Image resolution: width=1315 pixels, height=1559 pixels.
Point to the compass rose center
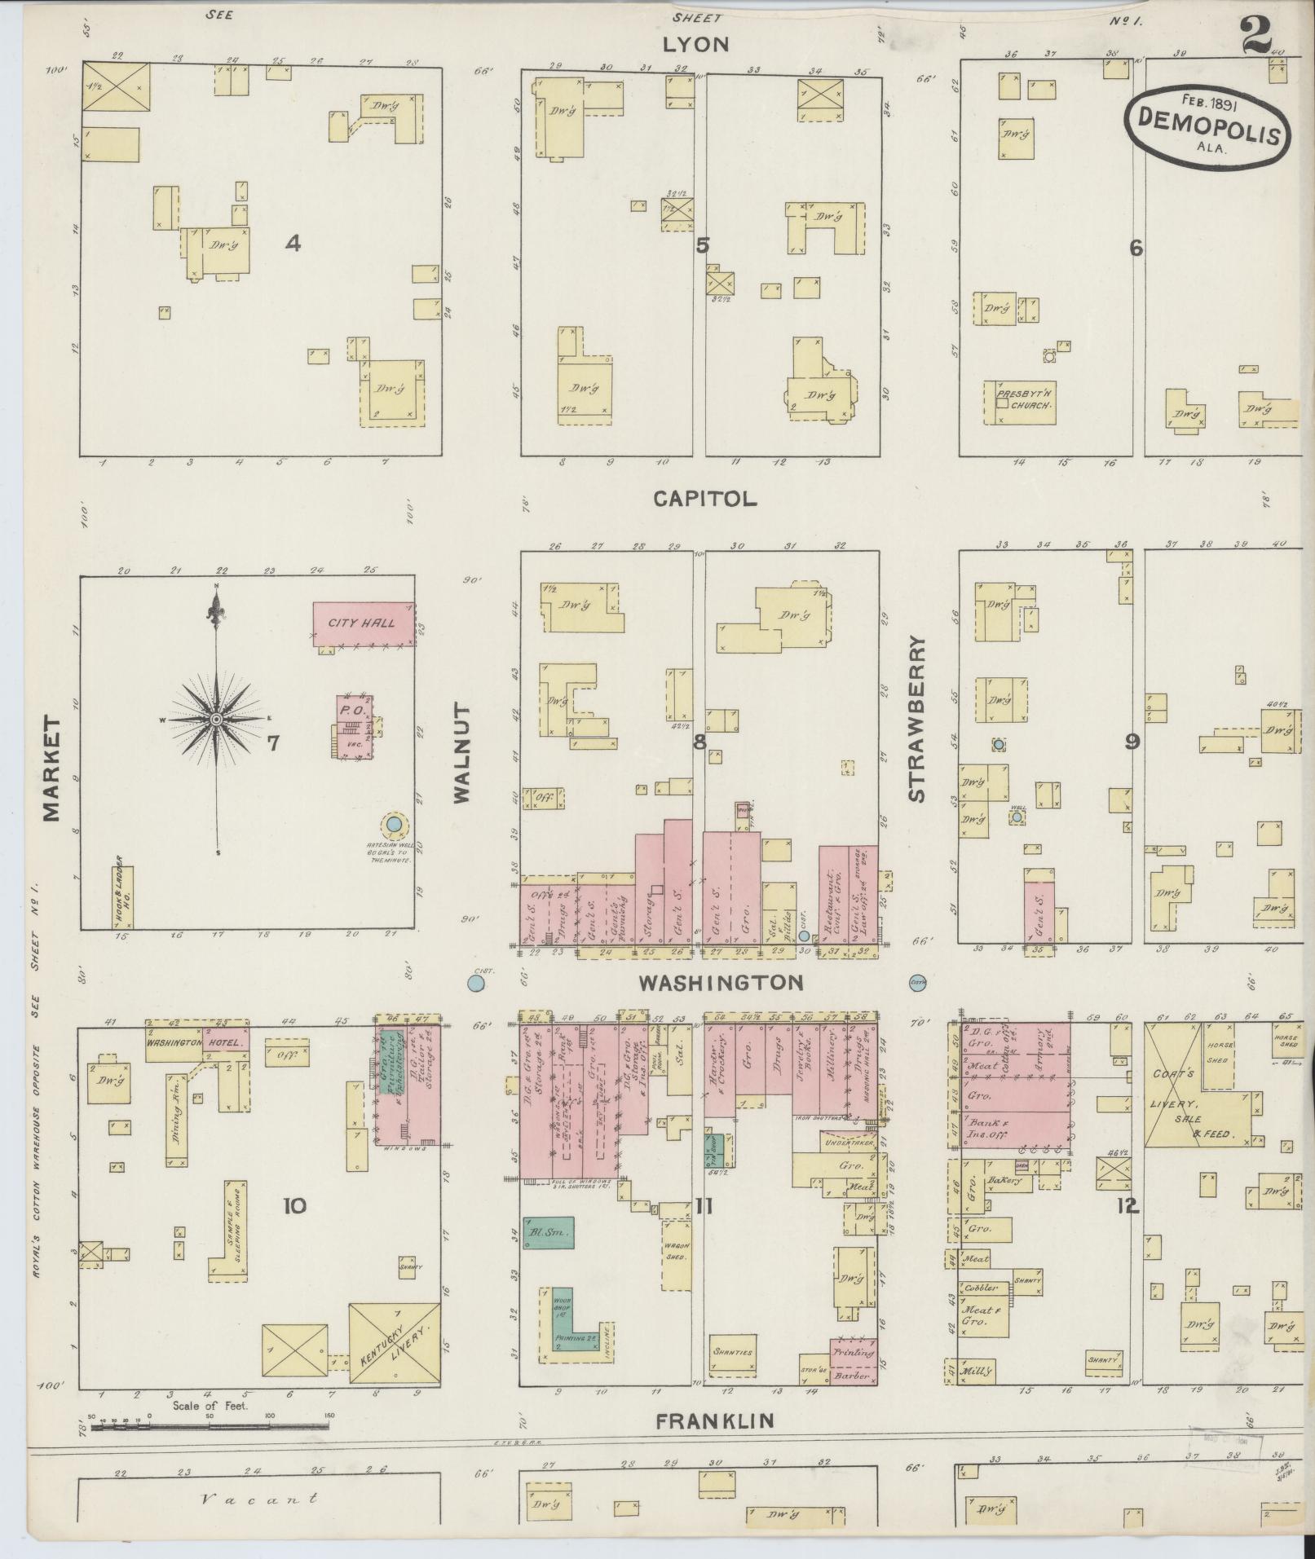point(216,720)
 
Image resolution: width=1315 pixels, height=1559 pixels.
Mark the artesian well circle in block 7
point(394,825)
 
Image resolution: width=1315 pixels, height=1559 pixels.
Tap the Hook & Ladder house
point(122,896)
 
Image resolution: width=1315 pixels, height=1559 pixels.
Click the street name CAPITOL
point(705,499)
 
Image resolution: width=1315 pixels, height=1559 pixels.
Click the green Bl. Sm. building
point(548,1232)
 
